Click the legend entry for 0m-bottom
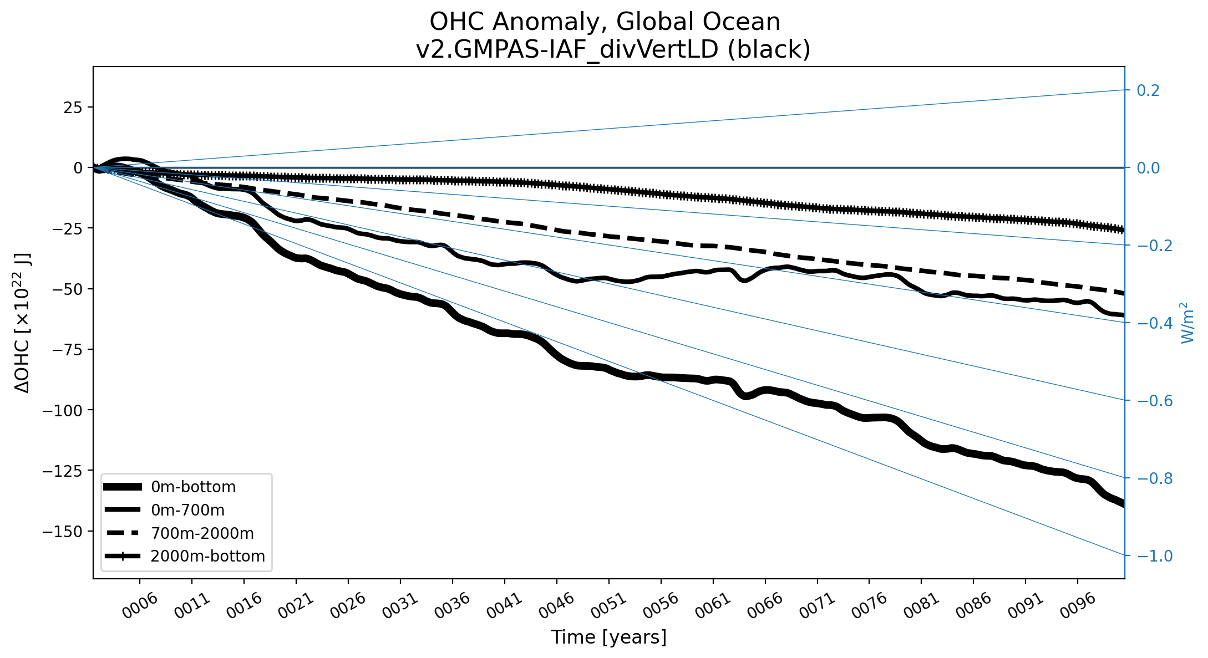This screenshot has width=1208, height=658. coord(193,487)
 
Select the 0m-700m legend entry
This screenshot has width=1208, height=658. coord(187,510)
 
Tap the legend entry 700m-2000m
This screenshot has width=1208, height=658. coord(202,533)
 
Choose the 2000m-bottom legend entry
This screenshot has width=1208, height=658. coord(207,556)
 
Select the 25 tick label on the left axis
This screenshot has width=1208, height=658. coord(73,107)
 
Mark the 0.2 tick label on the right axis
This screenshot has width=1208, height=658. coord(1148,90)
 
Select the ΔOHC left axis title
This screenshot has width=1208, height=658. coord(23,323)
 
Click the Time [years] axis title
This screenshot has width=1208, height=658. coord(608,637)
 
